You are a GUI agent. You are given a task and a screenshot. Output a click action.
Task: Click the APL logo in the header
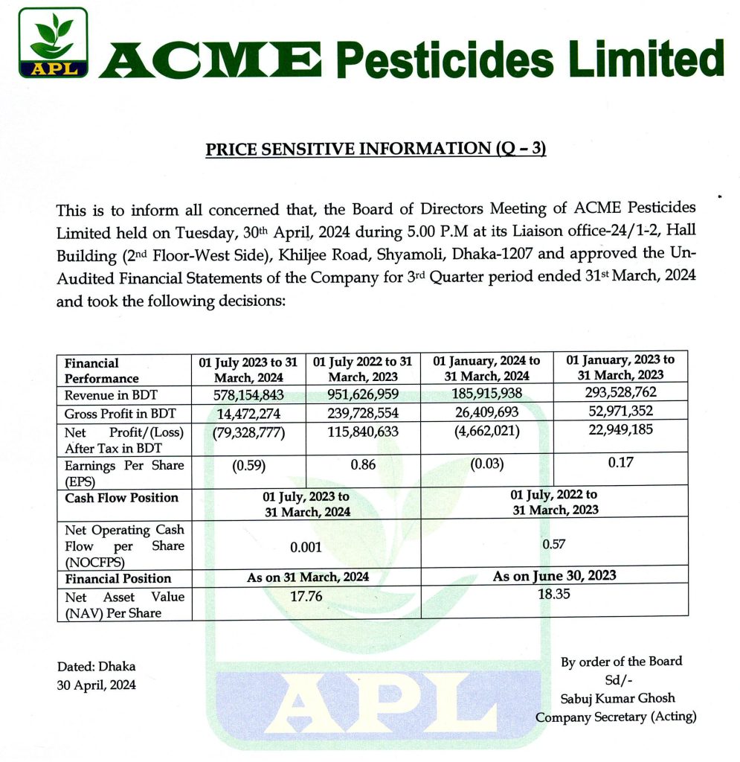(x=54, y=43)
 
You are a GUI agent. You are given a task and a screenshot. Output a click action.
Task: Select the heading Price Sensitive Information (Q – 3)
(x=376, y=149)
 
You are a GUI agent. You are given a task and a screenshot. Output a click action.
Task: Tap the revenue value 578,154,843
(x=248, y=394)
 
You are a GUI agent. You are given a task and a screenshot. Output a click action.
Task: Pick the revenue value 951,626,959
(x=363, y=394)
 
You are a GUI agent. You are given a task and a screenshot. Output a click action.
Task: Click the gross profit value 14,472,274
(x=248, y=412)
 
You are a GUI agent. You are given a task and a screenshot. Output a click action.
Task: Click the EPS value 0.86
(x=363, y=465)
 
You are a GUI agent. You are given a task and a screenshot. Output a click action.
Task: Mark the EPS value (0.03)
(x=487, y=464)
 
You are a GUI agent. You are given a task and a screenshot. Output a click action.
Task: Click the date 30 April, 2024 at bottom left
(x=96, y=685)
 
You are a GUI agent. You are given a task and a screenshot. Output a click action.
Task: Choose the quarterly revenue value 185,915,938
(x=487, y=394)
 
